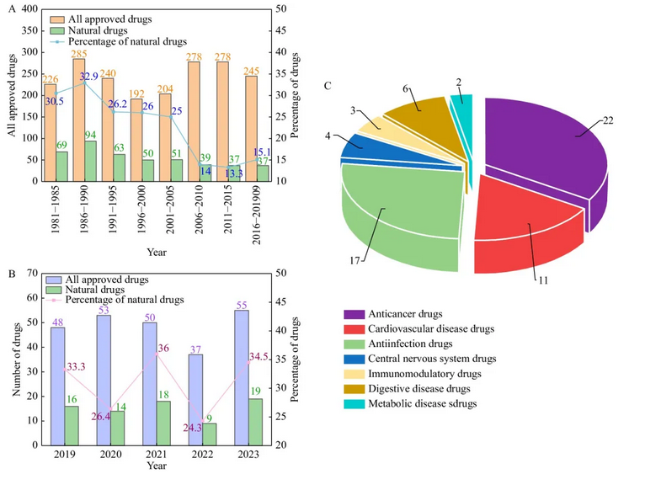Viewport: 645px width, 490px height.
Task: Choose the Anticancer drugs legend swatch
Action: (x=354, y=314)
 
